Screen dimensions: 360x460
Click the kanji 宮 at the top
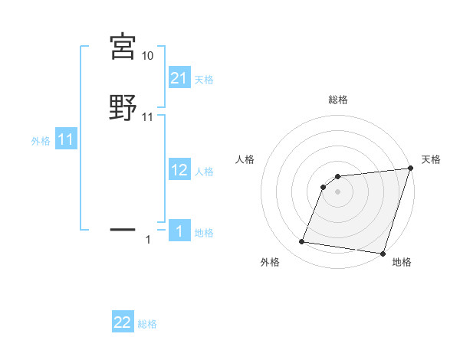[x=123, y=47]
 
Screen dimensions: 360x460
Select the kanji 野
[x=123, y=107]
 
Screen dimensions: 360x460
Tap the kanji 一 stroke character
[x=123, y=228]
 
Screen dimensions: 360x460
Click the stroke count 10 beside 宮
[x=148, y=57]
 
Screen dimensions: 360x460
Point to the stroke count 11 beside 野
[x=148, y=117]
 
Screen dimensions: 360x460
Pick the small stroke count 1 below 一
[x=148, y=240]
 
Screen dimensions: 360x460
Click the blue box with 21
[x=179, y=78]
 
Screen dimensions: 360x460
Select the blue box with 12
[x=179, y=171]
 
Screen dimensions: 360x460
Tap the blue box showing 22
[x=123, y=323]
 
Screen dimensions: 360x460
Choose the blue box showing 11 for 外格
[x=66, y=140]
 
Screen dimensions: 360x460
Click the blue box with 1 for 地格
[x=179, y=232]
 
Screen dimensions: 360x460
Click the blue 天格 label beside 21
[x=204, y=79]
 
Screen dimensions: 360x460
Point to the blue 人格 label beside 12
[x=204, y=172]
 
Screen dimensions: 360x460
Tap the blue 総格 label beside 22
[x=147, y=324]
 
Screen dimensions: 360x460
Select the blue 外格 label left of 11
[x=41, y=141]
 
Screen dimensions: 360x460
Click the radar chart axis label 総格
[x=338, y=100]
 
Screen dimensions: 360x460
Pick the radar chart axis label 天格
[x=431, y=159]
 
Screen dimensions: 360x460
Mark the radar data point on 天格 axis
[x=411, y=169]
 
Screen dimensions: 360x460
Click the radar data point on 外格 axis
[x=302, y=242]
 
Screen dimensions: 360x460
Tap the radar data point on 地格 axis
[x=383, y=254]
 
